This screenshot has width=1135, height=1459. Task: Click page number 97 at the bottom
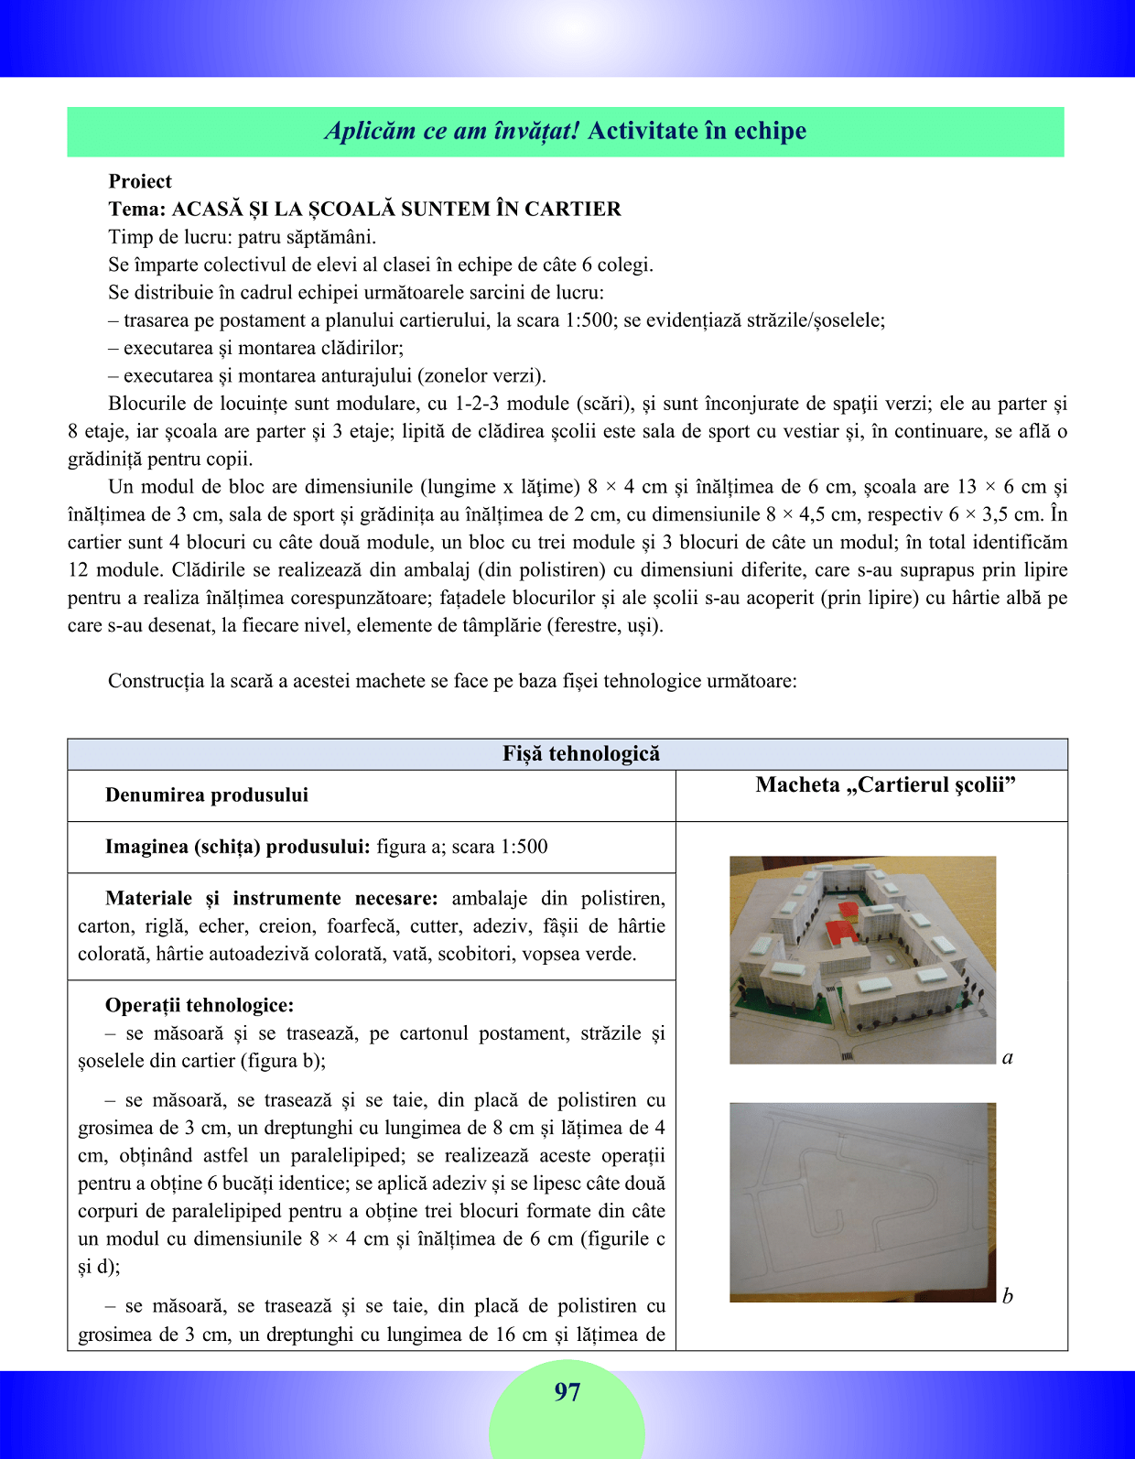567,1392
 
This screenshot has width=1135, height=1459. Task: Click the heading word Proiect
140,181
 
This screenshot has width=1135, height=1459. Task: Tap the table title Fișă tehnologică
580,754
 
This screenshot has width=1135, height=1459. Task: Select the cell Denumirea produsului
207,795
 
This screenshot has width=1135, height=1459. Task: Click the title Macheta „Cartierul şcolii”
886,785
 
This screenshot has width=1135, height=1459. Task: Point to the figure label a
1007,1058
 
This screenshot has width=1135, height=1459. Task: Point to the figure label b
1007,1296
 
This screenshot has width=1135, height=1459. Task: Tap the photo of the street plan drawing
862,1202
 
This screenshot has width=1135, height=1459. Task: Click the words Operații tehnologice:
200,1006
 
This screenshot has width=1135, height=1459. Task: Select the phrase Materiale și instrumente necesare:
272,899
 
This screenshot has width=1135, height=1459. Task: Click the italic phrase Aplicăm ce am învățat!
452,131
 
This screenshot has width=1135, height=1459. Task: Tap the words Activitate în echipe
697,131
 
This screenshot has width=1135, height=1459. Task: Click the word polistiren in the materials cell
622,899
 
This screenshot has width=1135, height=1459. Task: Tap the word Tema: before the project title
136,210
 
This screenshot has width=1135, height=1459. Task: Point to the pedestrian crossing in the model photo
848,1056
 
